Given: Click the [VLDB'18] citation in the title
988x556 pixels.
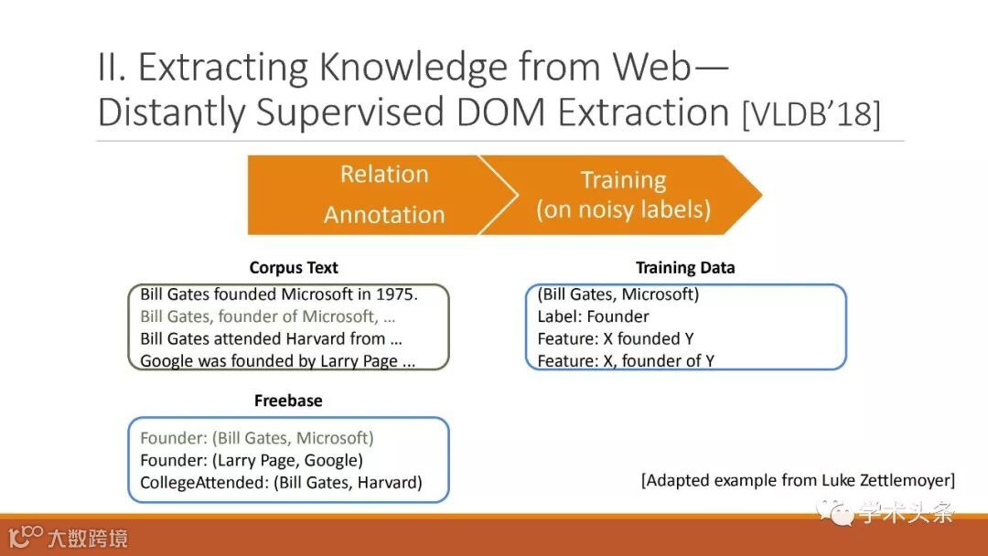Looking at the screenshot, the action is (x=811, y=114).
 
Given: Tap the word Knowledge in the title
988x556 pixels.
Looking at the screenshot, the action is (x=413, y=67).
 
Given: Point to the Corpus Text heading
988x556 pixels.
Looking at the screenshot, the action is (x=294, y=268).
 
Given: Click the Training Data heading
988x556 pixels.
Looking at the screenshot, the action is (x=685, y=268).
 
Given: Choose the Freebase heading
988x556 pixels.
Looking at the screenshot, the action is (x=288, y=401).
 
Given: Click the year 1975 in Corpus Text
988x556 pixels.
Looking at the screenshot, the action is (x=396, y=294).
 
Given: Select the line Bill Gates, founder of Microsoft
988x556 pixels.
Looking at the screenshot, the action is (x=268, y=316).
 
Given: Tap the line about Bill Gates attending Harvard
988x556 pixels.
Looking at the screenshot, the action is (x=271, y=338).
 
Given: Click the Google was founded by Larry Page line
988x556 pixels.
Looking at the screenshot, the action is (x=277, y=361).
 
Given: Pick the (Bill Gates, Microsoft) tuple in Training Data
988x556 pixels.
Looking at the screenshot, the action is (x=618, y=294).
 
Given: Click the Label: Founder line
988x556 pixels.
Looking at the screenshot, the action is (x=593, y=316).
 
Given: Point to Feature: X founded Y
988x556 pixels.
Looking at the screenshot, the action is (x=616, y=338).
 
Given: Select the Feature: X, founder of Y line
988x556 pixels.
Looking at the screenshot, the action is (x=626, y=361).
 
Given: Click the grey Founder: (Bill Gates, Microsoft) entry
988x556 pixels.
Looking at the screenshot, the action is (x=256, y=438).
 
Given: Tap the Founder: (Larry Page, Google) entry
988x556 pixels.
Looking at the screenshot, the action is (x=252, y=460).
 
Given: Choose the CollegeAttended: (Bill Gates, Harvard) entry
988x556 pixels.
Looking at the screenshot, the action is (x=281, y=482).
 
